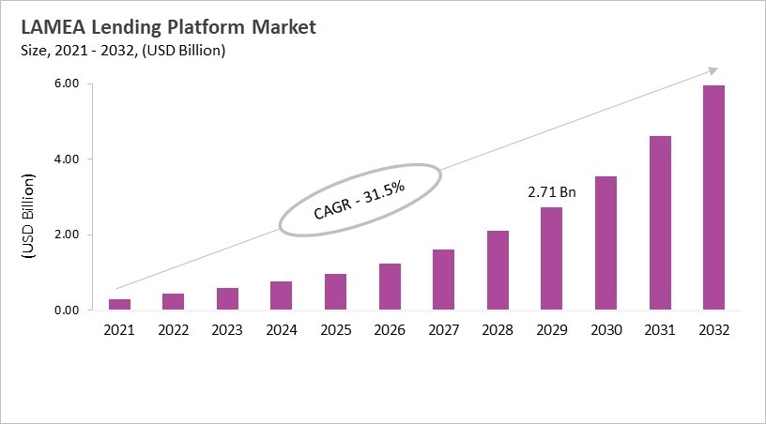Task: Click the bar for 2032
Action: click(714, 197)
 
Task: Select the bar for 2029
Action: click(552, 258)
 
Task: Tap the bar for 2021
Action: click(118, 304)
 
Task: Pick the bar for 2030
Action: click(605, 243)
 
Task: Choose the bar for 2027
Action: click(443, 279)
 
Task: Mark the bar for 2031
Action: click(660, 222)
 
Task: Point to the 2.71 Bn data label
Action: click(552, 192)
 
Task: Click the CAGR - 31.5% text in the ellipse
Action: click(359, 200)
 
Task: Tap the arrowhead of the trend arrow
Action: click(713, 69)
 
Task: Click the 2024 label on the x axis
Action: click(281, 330)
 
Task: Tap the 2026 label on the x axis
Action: click(390, 330)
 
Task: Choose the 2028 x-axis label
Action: click(498, 330)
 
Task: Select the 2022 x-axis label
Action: click(173, 330)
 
